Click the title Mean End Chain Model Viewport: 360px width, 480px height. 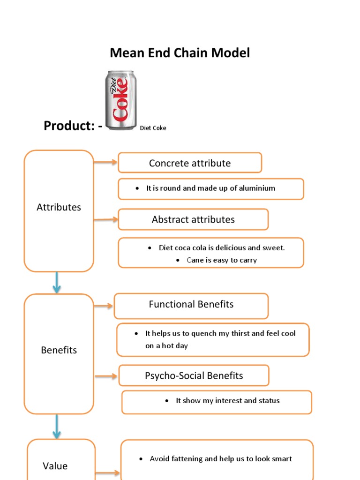pyautogui.click(x=180, y=53)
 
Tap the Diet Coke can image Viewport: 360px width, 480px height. pyautogui.click(x=120, y=100)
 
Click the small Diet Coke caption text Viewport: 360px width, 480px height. pyautogui.click(x=153, y=128)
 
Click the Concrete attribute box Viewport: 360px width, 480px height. pyautogui.click(x=190, y=163)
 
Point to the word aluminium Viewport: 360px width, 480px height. pyautogui.click(x=256, y=188)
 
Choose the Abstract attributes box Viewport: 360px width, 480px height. pyautogui.click(x=193, y=219)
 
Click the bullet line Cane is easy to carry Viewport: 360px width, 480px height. pyautogui.click(x=221, y=260)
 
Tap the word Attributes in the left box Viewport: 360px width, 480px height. pyautogui.click(x=59, y=207)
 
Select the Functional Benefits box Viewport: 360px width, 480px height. pyautogui.click(x=191, y=304)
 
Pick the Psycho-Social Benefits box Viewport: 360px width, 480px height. pyautogui.click(x=194, y=375)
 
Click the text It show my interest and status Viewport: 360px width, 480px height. pyautogui.click(x=227, y=401)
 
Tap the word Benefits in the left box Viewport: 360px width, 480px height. pyautogui.click(x=59, y=350)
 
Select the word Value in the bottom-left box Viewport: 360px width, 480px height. pyautogui.click(x=55, y=466)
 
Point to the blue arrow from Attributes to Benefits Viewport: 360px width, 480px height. pyautogui.click(x=57, y=283)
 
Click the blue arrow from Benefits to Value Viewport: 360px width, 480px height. pyautogui.click(x=57, y=426)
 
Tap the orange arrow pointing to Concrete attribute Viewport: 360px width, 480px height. pyautogui.click(x=105, y=163)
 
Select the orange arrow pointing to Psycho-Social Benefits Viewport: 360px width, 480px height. pyautogui.click(x=106, y=376)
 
